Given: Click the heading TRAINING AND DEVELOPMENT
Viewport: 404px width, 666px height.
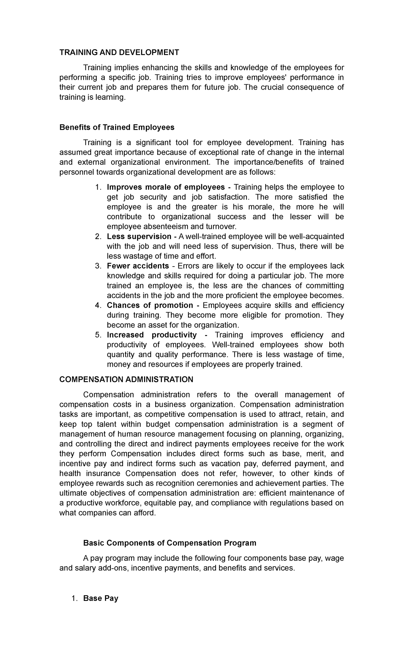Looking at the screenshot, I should click(x=119, y=53).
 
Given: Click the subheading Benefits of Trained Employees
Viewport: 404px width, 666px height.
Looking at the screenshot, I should click(x=117, y=127).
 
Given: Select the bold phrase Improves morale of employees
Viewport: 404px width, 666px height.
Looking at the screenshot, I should click(x=166, y=187).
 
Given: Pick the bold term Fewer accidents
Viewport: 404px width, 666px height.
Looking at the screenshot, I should click(x=138, y=266).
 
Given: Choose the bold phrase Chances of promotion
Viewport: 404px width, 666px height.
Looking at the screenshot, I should click(x=150, y=305).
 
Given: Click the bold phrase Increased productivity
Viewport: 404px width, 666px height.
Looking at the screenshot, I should click(x=151, y=335).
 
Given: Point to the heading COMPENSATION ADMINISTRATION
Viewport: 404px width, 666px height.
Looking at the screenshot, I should click(x=126, y=380).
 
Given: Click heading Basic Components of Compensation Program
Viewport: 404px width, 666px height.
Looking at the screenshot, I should click(x=170, y=543).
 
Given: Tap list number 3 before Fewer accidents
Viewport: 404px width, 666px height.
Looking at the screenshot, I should click(x=98, y=266).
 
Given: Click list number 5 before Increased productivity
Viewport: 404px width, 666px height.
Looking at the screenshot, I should click(x=98, y=335).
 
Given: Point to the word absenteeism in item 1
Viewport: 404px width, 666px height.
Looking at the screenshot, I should click(x=166, y=226).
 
